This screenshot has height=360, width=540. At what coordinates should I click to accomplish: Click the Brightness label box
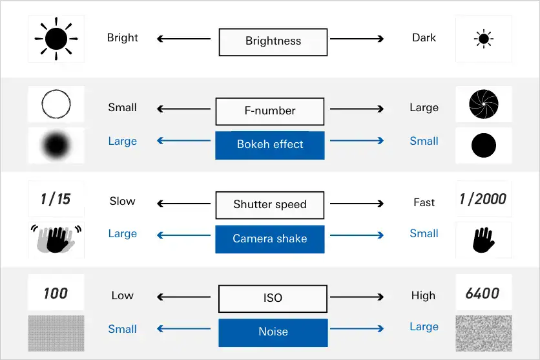pos(273,41)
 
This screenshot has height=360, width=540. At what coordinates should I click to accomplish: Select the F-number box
pos(269,111)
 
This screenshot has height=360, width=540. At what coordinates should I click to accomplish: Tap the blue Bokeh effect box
pos(269,145)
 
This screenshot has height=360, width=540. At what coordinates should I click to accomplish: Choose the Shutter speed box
pos(269,205)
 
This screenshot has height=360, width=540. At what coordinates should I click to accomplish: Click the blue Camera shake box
pos(269,239)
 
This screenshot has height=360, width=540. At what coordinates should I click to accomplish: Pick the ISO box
pos(273,299)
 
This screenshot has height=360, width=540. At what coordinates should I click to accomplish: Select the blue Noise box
pos(273,332)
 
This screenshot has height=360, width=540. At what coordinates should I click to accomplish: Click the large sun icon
pos(56,39)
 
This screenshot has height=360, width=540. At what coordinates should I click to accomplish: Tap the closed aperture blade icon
pos(484,104)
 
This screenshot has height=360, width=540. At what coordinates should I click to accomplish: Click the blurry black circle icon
pos(56,145)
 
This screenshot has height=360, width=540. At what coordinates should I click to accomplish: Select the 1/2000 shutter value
pos(483,199)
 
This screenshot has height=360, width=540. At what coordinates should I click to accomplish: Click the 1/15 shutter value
pos(56,199)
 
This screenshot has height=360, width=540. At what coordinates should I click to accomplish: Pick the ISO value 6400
pos(483,293)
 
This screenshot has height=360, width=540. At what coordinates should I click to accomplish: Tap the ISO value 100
pos(56,293)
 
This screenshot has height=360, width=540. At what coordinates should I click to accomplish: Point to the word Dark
pos(424,38)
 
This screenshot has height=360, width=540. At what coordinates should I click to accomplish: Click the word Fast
pos(424,203)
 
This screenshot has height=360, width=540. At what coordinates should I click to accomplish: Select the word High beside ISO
pos(423,296)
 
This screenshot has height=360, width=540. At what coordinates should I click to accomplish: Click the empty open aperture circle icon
pos(56,104)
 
